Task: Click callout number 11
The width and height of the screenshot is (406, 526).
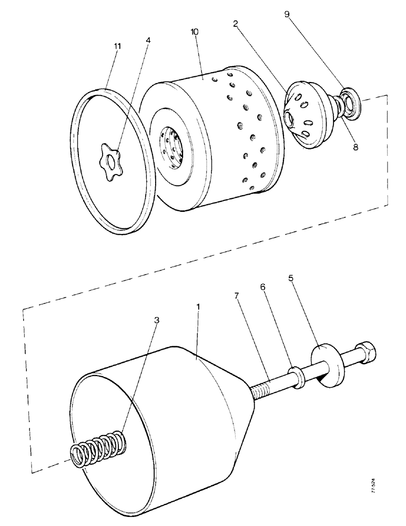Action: [x=117, y=46]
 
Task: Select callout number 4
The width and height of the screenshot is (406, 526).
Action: [x=148, y=40]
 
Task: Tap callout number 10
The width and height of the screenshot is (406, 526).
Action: [x=195, y=32]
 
